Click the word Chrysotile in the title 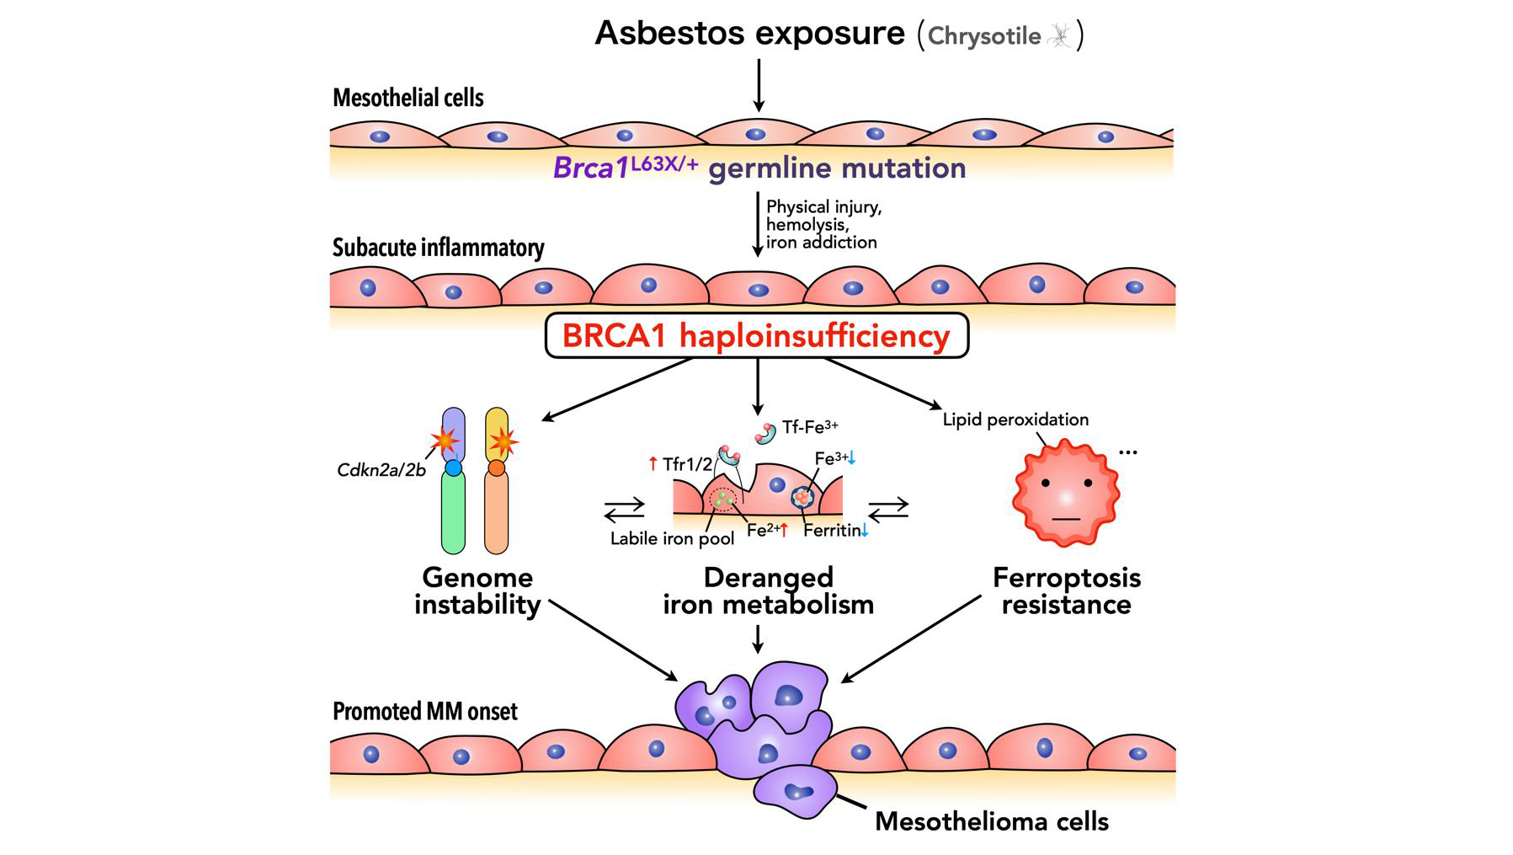(x=983, y=36)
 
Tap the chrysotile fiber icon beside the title (x=1061, y=35)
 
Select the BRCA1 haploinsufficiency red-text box (x=756, y=335)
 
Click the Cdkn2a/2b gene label (x=381, y=470)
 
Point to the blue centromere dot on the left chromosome (x=454, y=468)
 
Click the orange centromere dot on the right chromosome (x=497, y=468)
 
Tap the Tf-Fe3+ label (x=809, y=427)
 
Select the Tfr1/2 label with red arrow (x=681, y=464)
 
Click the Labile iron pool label (x=672, y=539)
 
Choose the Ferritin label (x=834, y=531)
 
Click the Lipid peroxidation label (x=1015, y=419)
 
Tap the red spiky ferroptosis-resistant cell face (x=1066, y=495)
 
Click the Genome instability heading (x=477, y=590)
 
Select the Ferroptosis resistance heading (x=1067, y=590)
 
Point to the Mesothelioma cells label (x=992, y=821)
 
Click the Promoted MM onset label (x=425, y=712)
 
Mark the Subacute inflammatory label (x=438, y=248)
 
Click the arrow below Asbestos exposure (x=759, y=85)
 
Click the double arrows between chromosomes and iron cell (x=624, y=509)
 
